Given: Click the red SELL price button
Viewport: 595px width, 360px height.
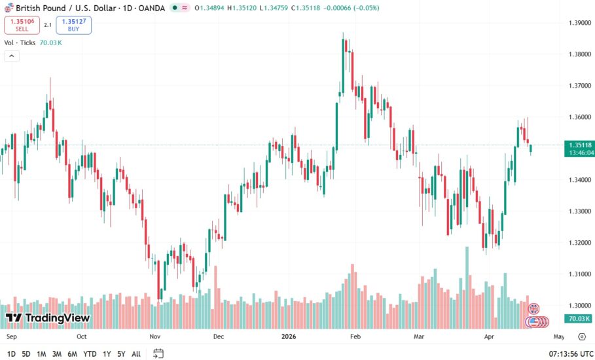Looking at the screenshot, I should coord(22,25).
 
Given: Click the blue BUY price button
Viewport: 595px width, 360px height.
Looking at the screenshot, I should coord(73,25).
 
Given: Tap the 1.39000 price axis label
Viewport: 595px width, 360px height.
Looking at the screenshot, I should coord(580,23).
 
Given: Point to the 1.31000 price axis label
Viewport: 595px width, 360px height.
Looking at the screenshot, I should coord(580,274).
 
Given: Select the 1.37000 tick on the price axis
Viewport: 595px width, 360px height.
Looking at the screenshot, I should coord(580,86).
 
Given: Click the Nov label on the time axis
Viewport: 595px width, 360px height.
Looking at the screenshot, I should coord(154,336).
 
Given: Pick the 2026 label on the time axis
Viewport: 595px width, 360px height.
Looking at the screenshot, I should coord(289,336).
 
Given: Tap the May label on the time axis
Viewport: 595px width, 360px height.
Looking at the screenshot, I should coord(558,336).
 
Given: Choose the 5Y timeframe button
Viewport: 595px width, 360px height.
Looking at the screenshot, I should coord(120,354).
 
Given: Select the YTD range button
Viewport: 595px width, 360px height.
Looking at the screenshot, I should coord(90,354).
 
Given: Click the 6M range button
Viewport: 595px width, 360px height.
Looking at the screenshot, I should coord(72,354).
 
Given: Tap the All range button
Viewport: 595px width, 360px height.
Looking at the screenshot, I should coord(136,354).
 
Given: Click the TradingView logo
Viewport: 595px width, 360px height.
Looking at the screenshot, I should coord(48,318).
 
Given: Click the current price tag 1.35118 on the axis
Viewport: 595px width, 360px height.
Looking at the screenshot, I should coord(581,145).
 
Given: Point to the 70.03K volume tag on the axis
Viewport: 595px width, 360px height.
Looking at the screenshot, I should coord(581,319).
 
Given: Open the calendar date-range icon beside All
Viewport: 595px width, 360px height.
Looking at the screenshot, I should coord(158,354).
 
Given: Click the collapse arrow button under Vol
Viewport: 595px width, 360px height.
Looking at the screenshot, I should coord(11,56).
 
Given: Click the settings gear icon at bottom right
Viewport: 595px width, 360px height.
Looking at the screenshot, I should coord(581,336).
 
